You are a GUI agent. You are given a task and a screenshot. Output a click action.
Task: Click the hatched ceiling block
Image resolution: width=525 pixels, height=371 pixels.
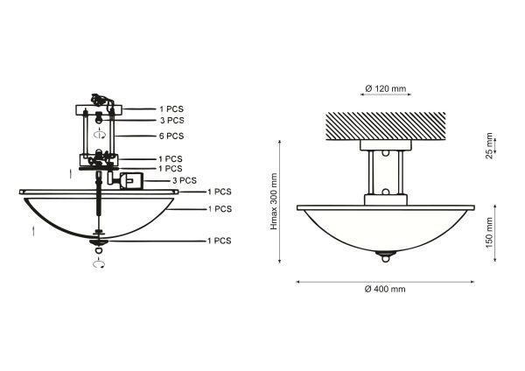pos(385,124)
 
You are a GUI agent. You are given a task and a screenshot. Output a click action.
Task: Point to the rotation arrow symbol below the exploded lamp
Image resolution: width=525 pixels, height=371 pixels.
pos(100,262)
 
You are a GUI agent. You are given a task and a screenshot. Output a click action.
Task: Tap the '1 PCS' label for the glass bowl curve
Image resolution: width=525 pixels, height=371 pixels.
pos(220,209)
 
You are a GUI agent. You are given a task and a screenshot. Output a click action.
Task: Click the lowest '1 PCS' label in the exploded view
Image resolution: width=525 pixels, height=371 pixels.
pos(220,240)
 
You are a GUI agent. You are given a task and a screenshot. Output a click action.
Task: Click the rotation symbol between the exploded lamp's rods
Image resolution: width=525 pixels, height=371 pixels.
pos(101,136)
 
